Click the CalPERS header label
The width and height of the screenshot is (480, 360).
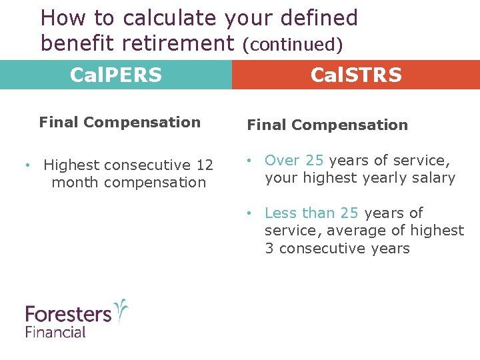[116, 75]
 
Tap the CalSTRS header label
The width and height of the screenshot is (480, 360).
[356, 75]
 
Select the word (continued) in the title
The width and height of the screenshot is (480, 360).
[293, 45]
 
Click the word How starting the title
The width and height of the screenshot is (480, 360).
[61, 18]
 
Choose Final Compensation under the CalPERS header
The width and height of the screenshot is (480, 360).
[120, 122]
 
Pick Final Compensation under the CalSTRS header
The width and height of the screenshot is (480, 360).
[327, 125]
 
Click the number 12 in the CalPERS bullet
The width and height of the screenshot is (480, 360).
[205, 165]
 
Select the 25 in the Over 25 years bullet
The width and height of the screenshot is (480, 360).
[315, 160]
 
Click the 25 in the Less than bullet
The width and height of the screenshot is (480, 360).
[349, 213]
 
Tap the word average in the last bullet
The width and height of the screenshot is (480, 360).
[341, 230]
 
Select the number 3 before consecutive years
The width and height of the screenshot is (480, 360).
[269, 248]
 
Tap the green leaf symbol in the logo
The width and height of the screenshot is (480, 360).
[121, 310]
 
